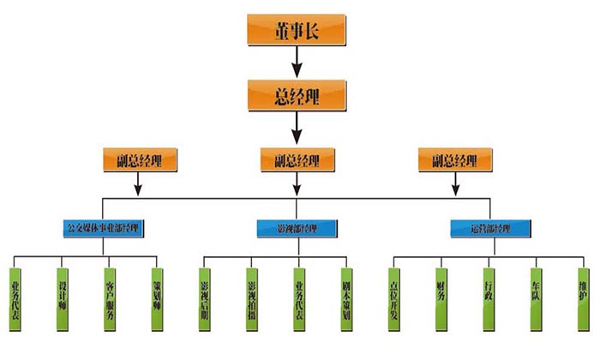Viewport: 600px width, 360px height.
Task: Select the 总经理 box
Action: point(297,93)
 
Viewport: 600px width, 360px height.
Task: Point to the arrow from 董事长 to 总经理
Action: point(297,62)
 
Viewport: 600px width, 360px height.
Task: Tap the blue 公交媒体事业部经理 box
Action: point(104,229)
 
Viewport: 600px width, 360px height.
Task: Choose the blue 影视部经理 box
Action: point(297,229)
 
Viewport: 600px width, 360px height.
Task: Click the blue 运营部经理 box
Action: point(489,229)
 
